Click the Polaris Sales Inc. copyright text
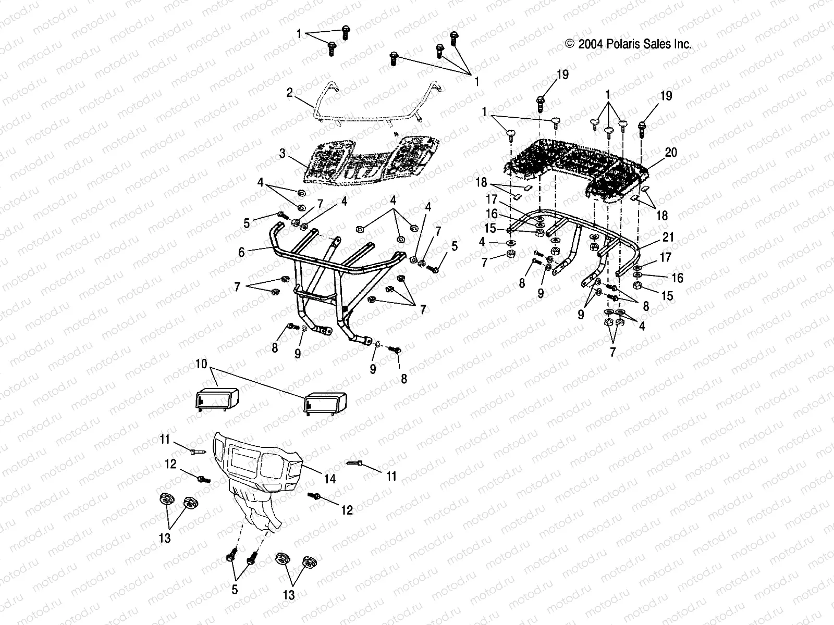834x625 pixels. [628, 44]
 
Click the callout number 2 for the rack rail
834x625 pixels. [289, 93]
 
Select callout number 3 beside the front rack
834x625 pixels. [282, 154]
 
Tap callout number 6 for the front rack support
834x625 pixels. [241, 252]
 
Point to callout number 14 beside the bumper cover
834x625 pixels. [330, 478]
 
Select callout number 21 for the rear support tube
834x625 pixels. [668, 237]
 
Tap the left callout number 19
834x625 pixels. [562, 75]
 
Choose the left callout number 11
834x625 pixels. [165, 440]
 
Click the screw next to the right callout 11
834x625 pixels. [354, 463]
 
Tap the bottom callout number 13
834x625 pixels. [289, 595]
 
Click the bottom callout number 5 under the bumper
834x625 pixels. [235, 590]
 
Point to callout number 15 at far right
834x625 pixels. [667, 296]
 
